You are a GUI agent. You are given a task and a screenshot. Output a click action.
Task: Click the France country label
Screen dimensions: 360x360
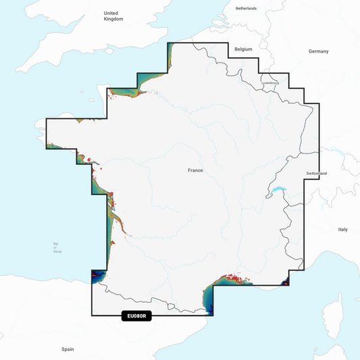[x=195, y=170]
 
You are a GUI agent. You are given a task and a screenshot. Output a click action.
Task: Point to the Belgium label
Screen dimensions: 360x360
[x=242, y=50]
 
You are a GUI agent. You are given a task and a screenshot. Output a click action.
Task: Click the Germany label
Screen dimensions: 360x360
[x=318, y=51]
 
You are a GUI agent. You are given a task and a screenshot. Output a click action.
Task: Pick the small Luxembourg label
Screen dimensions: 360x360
[x=270, y=83]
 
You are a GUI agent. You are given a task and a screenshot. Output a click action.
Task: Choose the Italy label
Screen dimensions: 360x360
[x=342, y=230]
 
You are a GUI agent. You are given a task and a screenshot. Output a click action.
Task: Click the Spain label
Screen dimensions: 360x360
[x=68, y=349]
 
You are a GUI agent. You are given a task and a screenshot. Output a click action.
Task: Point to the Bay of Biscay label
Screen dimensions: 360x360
[x=56, y=249]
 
